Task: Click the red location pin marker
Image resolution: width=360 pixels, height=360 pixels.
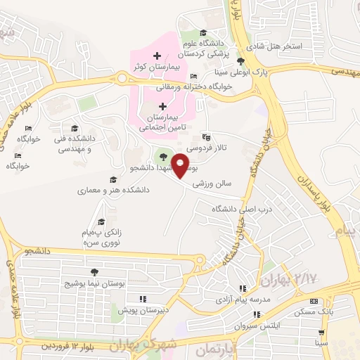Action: pos(181,165)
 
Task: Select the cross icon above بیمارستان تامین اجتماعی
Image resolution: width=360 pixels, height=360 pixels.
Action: pos(163,106)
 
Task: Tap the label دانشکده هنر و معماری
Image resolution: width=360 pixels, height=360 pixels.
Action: pos(106,190)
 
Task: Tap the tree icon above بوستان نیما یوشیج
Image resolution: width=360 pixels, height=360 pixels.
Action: pos(94,272)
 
